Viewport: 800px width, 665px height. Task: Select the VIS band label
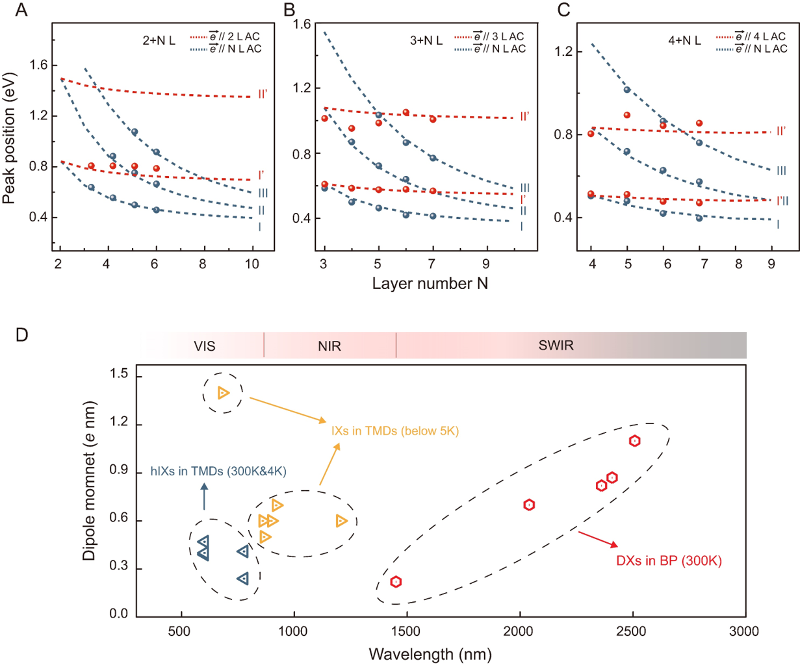(x=204, y=345)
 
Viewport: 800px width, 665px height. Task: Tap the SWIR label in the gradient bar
(x=556, y=345)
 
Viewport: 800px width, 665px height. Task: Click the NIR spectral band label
(x=329, y=345)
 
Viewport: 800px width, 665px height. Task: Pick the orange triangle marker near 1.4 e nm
(x=224, y=392)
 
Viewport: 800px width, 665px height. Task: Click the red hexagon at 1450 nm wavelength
(x=396, y=581)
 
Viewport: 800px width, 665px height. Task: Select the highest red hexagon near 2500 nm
(x=634, y=440)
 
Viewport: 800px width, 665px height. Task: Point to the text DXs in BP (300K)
(x=669, y=560)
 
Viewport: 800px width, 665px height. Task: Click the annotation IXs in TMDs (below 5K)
(x=395, y=431)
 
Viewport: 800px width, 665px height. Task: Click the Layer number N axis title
(x=430, y=284)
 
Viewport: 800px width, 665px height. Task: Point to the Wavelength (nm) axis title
(x=430, y=653)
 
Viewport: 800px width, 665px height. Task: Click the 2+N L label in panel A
(x=159, y=40)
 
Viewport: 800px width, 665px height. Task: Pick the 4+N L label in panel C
(x=684, y=40)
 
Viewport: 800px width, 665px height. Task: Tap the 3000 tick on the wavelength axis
(x=744, y=631)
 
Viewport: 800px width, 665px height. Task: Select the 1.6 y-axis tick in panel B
(x=302, y=24)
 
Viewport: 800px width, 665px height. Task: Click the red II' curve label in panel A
(x=263, y=94)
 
